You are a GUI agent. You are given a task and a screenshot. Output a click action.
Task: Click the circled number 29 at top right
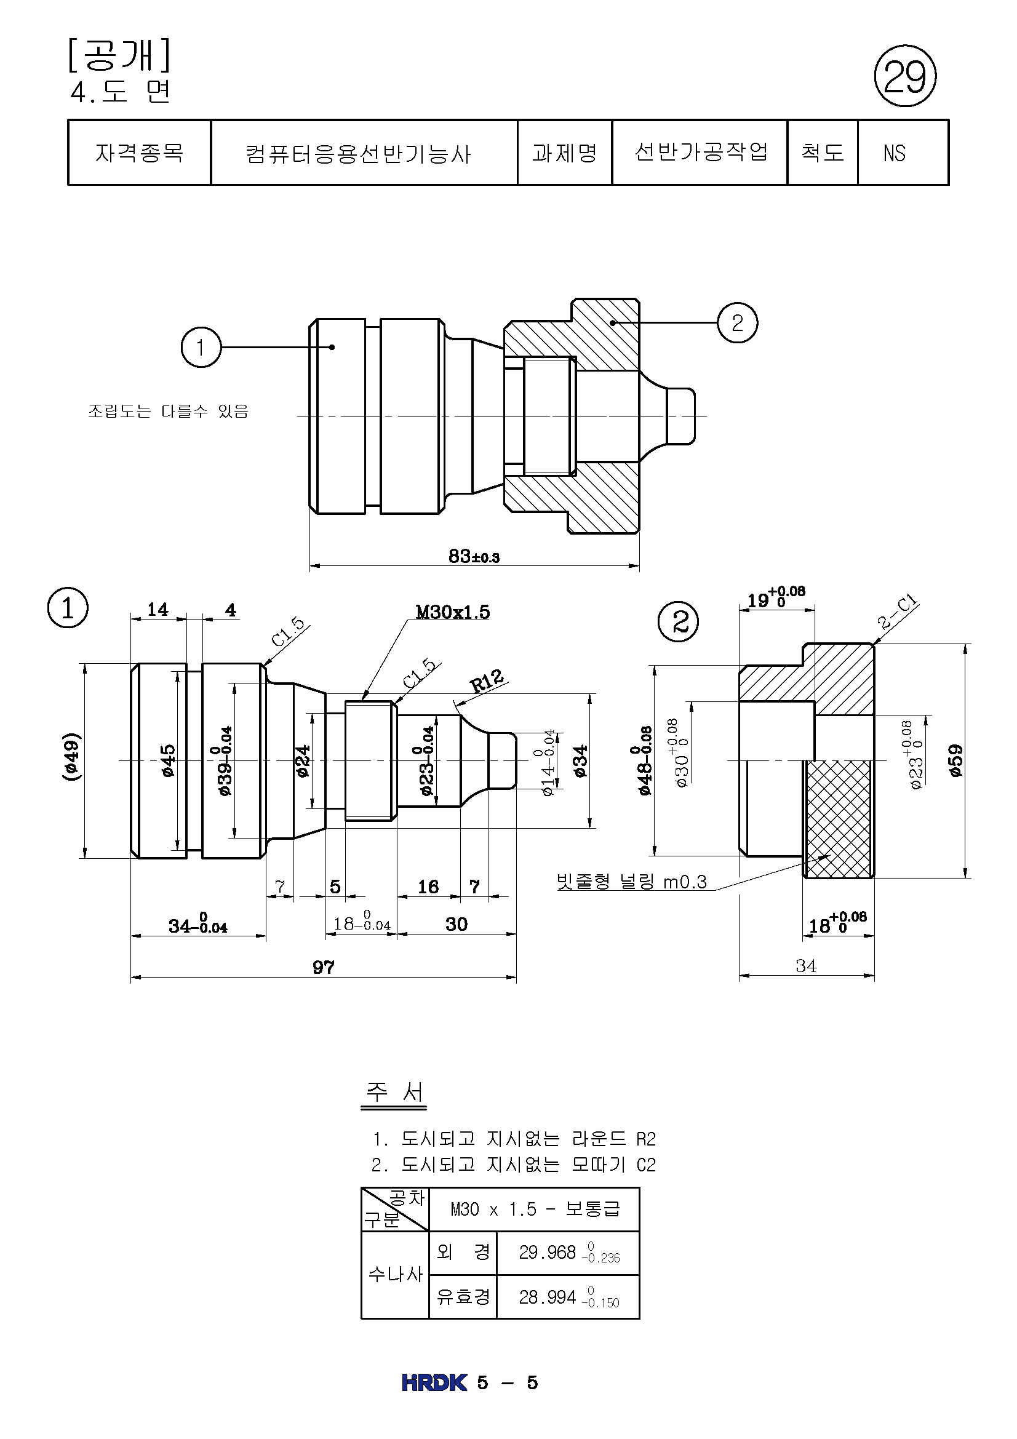905,76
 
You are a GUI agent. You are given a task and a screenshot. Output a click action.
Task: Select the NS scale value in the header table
894,153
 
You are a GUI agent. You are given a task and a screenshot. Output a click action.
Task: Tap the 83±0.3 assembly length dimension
474,556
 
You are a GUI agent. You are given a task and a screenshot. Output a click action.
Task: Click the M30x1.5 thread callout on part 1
452,612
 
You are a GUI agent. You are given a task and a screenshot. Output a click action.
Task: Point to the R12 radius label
487,680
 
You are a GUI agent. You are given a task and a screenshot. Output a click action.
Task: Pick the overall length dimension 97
324,967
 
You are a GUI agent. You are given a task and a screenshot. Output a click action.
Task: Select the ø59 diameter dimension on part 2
955,760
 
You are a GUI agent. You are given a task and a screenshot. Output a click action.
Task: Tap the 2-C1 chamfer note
897,612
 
